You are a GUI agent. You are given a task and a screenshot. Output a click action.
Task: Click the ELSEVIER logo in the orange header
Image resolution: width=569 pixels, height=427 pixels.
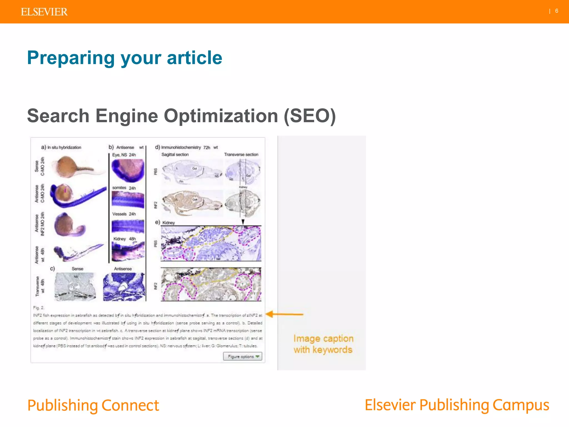[x=44, y=12]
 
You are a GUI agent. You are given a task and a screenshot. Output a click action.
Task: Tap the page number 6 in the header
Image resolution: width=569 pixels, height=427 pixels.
[x=556, y=11]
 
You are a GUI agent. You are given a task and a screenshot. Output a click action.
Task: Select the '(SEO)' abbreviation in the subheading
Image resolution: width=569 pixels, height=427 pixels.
[x=310, y=116]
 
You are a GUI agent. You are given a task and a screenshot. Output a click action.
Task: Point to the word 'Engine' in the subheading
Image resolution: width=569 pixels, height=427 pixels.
[x=127, y=116]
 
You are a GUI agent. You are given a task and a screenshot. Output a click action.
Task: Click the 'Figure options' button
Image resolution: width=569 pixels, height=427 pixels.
[x=243, y=356]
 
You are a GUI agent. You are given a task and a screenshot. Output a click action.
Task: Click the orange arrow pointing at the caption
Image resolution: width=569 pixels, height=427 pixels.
[x=284, y=314]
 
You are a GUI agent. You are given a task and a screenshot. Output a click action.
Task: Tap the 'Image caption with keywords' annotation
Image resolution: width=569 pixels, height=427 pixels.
[x=323, y=344]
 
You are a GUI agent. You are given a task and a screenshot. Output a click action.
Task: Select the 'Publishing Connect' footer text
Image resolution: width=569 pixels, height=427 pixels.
[x=93, y=405]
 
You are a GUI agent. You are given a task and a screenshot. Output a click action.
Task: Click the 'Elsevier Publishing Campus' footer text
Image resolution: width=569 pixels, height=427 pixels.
[x=457, y=405]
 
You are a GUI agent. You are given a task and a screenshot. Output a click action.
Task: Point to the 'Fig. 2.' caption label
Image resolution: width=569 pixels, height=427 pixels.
[x=39, y=308]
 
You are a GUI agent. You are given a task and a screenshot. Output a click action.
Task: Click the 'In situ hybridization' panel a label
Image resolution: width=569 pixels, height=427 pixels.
[x=64, y=147]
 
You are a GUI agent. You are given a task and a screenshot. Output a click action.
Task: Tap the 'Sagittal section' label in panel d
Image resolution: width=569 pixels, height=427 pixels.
[x=175, y=155]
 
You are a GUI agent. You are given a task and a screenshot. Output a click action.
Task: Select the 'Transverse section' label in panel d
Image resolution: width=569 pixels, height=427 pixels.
[x=241, y=155]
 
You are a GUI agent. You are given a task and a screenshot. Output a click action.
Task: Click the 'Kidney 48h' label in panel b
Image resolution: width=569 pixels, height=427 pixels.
[x=124, y=239]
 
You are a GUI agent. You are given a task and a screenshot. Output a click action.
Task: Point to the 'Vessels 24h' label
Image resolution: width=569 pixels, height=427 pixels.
[x=124, y=214]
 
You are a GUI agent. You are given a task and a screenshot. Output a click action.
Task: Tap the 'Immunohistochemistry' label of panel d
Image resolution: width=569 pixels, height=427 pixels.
[x=181, y=147]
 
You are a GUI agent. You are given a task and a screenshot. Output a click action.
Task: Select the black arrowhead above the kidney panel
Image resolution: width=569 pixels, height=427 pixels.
[x=243, y=222]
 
